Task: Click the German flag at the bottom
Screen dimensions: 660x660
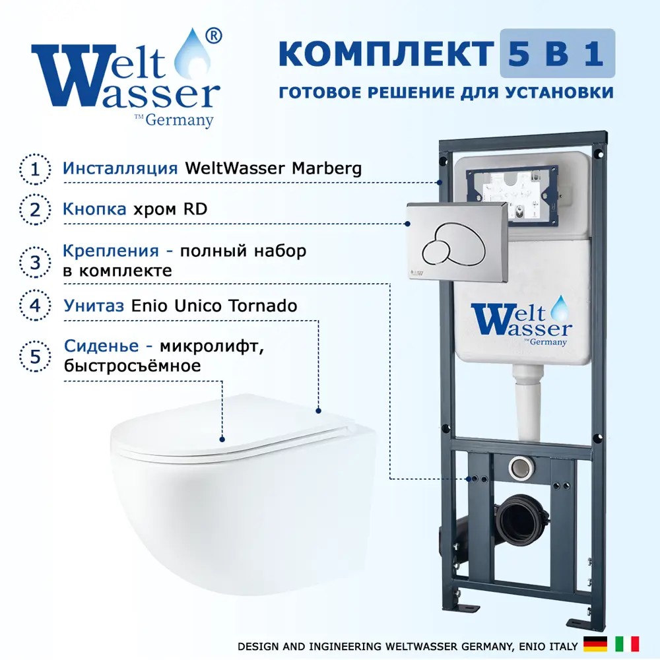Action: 595,644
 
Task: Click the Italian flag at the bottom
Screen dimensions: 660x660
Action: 627,644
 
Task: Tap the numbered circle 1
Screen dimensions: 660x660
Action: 36,169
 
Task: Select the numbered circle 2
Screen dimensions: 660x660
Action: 36,210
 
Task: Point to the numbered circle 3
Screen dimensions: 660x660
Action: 36,262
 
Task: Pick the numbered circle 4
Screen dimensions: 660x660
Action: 36,305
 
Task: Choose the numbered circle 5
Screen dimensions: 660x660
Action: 36,356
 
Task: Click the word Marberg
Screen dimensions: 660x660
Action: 327,169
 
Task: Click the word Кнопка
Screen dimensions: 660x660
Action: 94,209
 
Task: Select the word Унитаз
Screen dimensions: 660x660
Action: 94,306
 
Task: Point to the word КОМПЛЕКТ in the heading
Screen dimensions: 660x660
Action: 386,54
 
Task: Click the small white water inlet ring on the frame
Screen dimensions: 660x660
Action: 521,467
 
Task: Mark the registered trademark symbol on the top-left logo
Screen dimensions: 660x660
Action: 213,36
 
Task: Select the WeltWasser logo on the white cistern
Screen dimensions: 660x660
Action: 522,321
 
